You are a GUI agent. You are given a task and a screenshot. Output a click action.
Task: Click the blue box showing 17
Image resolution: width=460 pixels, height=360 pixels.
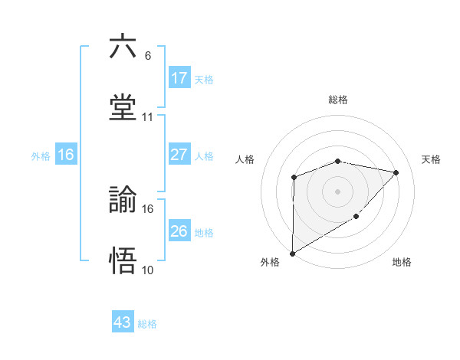click(x=179, y=78)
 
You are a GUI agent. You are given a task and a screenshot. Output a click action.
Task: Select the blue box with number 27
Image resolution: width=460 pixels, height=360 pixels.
click(x=179, y=155)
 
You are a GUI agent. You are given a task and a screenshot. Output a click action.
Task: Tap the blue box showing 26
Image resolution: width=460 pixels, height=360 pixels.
click(x=179, y=231)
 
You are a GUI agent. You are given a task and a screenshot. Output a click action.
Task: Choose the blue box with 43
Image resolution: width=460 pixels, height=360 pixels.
click(x=123, y=322)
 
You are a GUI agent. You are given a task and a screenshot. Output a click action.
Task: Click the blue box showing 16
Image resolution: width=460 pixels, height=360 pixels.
click(x=66, y=155)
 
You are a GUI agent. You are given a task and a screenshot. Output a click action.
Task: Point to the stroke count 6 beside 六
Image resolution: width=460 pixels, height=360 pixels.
click(x=148, y=56)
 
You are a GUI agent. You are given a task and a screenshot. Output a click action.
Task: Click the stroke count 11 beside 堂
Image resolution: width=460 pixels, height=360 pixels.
click(x=148, y=117)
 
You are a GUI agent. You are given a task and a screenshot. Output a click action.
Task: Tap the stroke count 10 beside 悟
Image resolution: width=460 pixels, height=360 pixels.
click(x=148, y=270)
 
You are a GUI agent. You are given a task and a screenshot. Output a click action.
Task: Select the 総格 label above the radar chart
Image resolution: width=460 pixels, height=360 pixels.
click(x=338, y=100)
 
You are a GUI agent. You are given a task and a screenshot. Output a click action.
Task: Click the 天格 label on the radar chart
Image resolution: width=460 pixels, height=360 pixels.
click(x=432, y=159)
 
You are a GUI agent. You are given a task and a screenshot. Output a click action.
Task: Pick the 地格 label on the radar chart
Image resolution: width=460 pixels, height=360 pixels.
click(x=402, y=262)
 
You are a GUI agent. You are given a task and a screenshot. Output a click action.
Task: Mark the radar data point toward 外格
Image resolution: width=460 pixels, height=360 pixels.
click(x=292, y=253)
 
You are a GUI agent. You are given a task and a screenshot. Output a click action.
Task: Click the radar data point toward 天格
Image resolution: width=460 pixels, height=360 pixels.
click(x=396, y=172)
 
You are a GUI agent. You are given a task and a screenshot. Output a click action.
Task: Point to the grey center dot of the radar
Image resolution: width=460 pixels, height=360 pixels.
click(x=338, y=191)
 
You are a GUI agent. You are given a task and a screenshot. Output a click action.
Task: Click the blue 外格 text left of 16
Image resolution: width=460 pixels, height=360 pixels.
click(x=41, y=155)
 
